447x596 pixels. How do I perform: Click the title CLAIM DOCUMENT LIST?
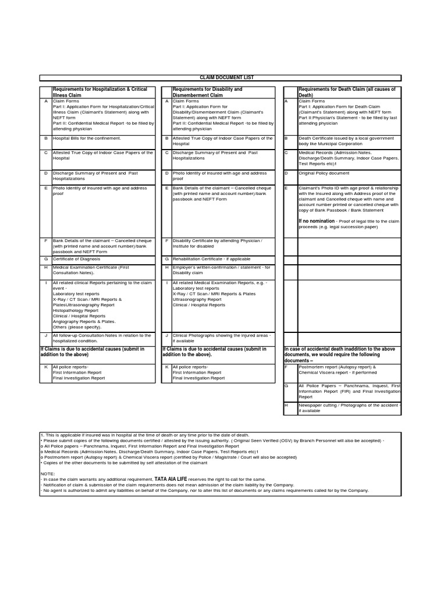[219, 77]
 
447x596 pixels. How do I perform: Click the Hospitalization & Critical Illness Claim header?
[100, 92]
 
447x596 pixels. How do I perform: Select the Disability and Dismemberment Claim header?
[208, 92]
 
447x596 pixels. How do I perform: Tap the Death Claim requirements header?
[347, 92]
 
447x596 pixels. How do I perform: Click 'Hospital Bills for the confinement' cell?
[87, 139]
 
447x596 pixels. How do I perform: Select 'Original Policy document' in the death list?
[324, 173]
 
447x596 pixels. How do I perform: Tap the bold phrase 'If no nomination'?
[317, 221]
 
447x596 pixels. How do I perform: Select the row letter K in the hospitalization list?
[45, 367]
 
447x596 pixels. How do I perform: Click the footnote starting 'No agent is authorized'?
[205, 491]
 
